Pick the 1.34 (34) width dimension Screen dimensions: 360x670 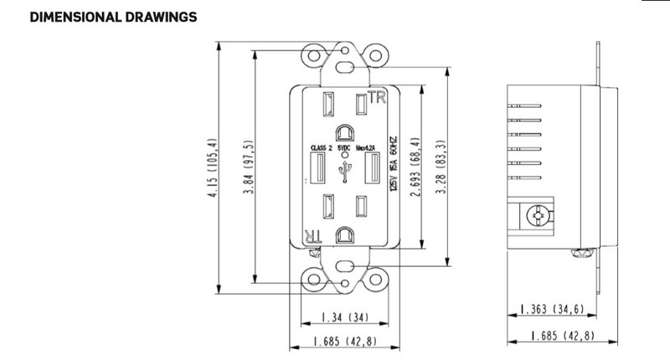coord(343,319)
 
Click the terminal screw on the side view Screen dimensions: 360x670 coord(536,215)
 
